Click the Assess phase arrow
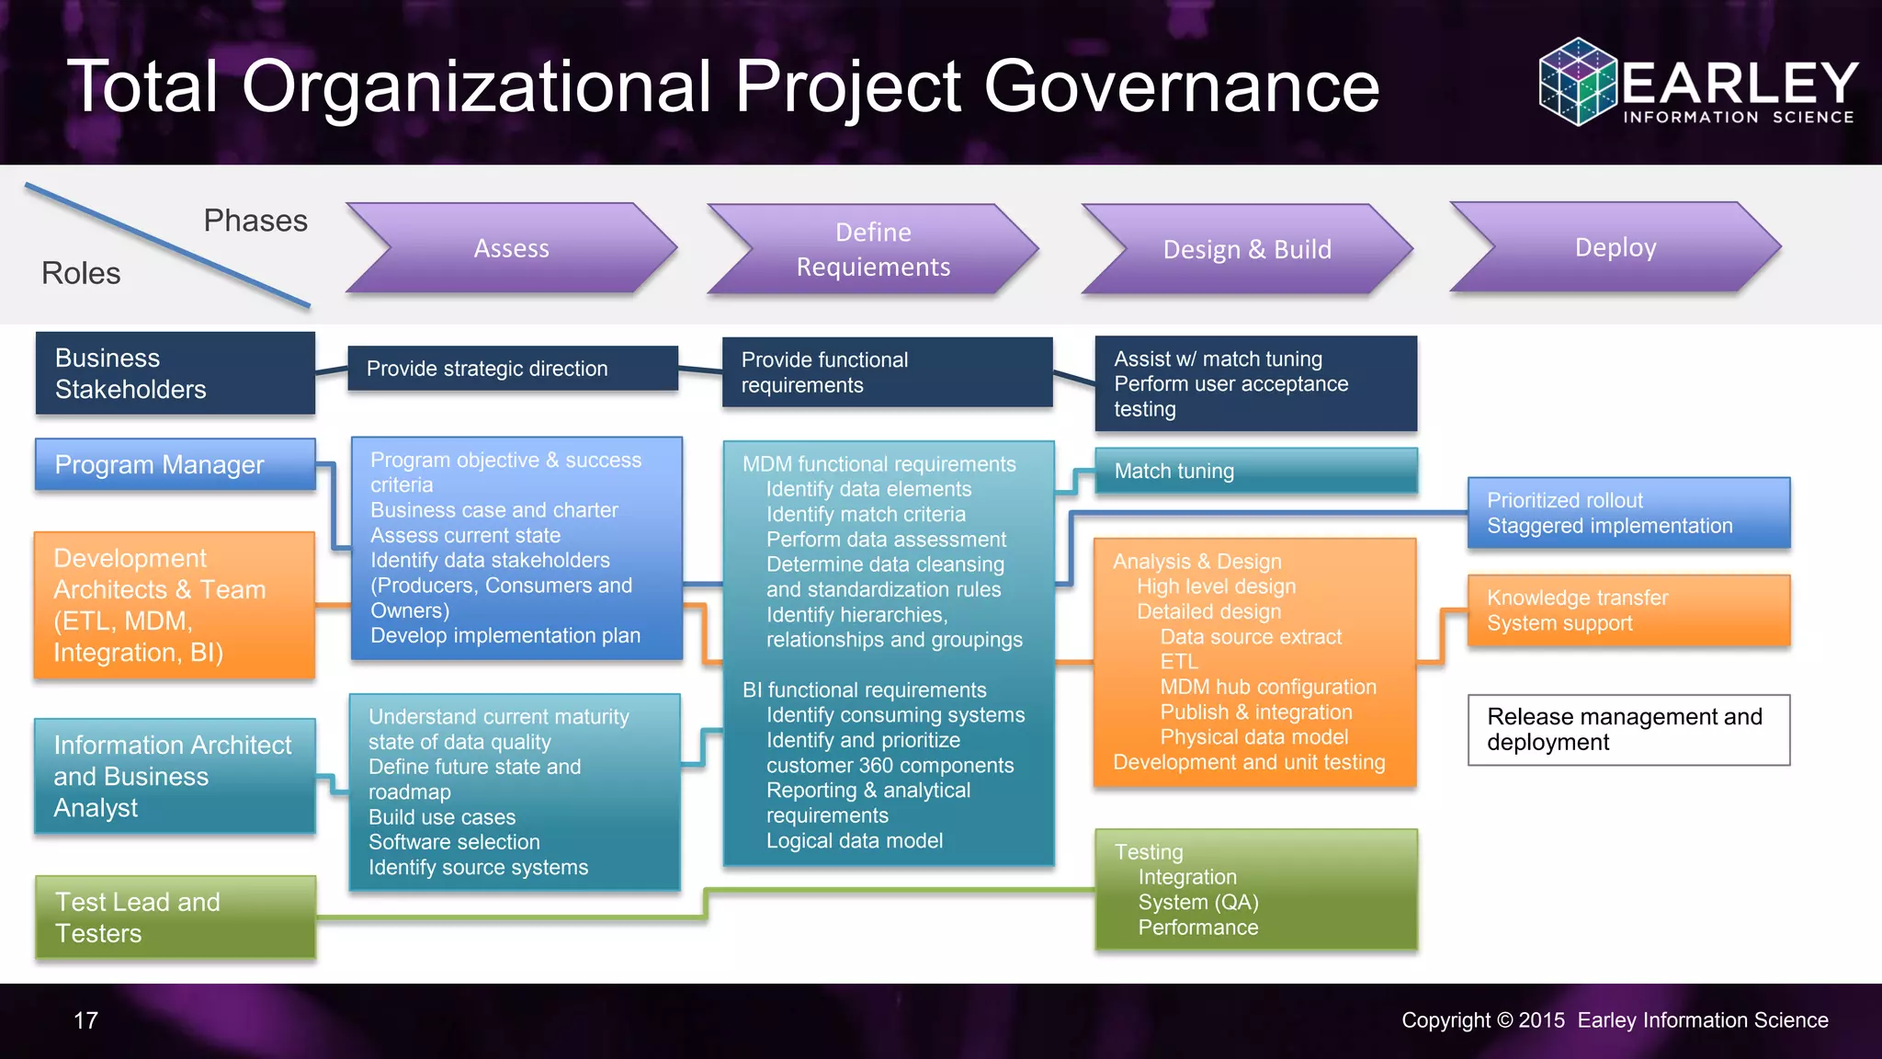pos(511,248)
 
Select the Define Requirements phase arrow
pos(873,249)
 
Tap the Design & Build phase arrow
pos(1247,249)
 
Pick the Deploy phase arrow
pos(1616,247)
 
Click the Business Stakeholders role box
pos(175,373)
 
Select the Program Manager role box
pos(175,464)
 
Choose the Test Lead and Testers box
pos(175,917)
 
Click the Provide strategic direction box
pos(513,369)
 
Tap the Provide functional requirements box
pos(887,372)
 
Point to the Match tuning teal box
pos(1255,471)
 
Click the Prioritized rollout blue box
pos(1628,513)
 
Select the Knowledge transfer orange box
pos(1628,610)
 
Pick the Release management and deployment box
pos(1628,730)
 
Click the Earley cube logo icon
pos(1577,81)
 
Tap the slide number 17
pos(85,1020)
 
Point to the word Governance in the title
pos(1182,86)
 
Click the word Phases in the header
pos(255,221)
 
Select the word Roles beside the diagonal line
pos(81,273)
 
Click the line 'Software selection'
pos(454,842)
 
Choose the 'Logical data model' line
pos(855,840)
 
